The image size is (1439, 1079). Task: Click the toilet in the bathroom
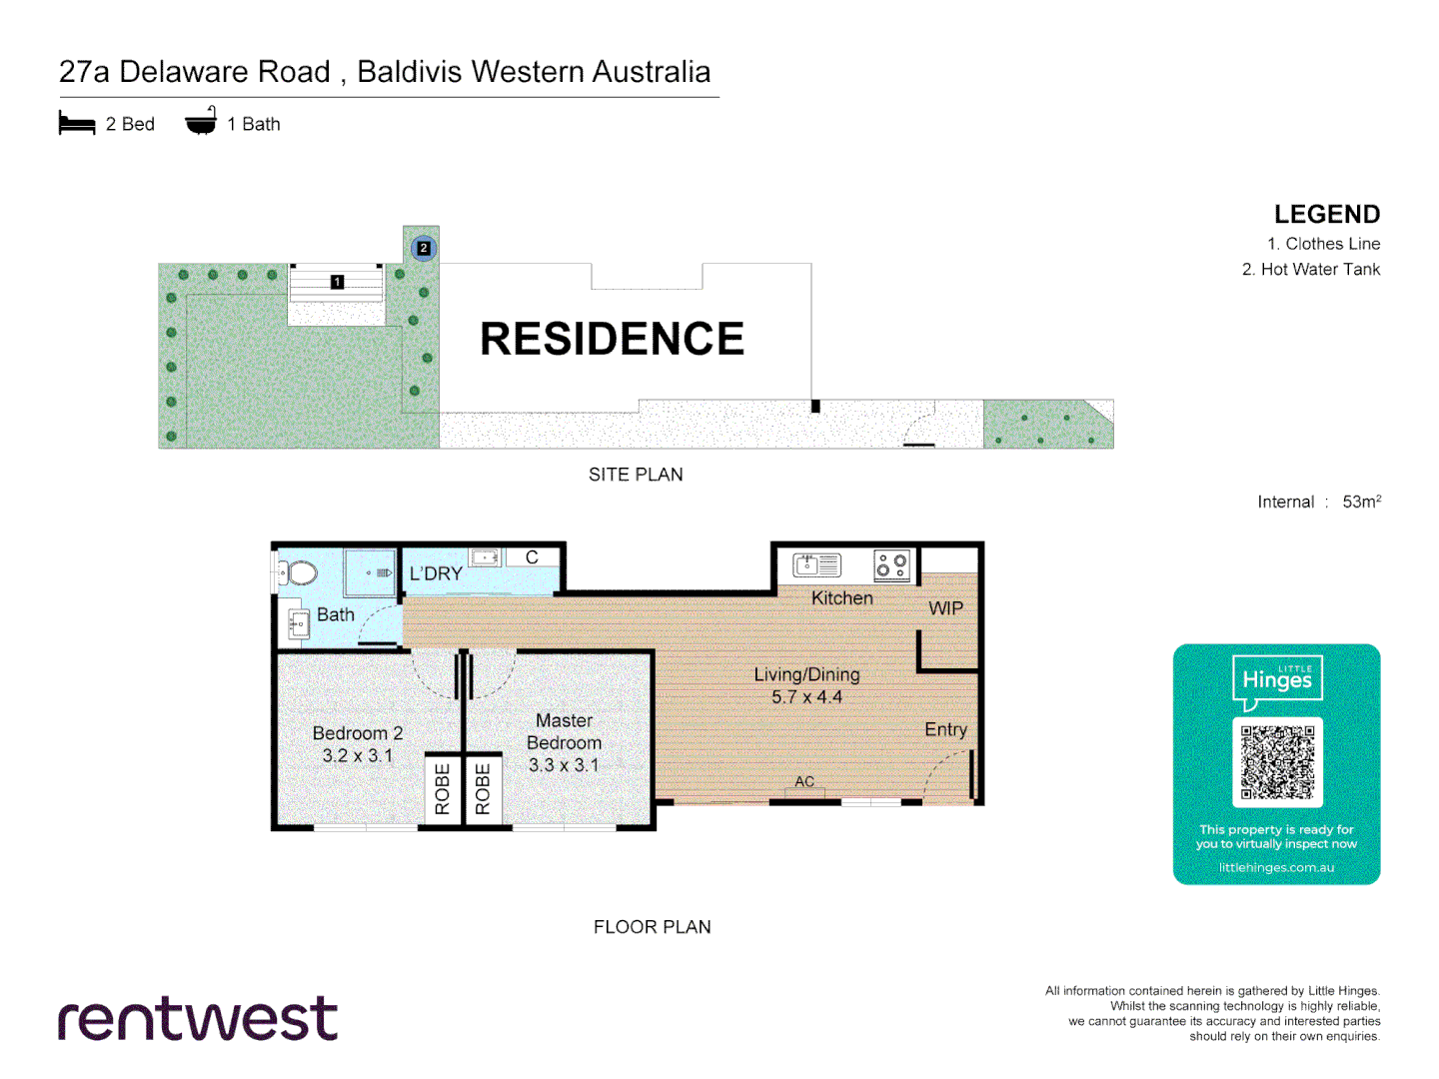click(x=297, y=573)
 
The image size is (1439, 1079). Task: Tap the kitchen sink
click(x=817, y=565)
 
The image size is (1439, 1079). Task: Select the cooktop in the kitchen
click(x=891, y=565)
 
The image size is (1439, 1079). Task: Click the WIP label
click(x=945, y=608)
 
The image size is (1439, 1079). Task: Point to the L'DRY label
click(x=436, y=574)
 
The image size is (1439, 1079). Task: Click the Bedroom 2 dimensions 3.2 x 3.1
click(x=357, y=756)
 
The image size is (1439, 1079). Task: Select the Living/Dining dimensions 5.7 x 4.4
click(x=806, y=697)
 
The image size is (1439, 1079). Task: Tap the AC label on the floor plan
click(x=804, y=782)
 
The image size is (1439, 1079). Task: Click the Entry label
click(x=945, y=729)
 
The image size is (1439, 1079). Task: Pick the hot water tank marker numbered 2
click(x=424, y=248)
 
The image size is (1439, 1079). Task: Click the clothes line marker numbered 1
click(x=338, y=282)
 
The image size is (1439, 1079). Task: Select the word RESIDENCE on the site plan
click(x=612, y=339)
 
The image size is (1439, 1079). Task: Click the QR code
click(x=1277, y=762)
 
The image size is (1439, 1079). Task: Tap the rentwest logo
click(x=198, y=1019)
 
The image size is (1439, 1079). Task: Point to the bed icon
click(x=77, y=124)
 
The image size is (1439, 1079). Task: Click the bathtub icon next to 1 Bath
click(x=201, y=122)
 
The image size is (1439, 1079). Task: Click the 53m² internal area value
click(x=1361, y=502)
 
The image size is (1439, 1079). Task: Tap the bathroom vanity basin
click(x=298, y=624)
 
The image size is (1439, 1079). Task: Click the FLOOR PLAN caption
click(x=652, y=927)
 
